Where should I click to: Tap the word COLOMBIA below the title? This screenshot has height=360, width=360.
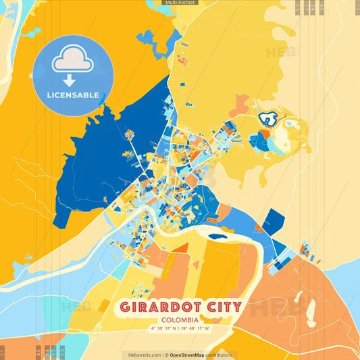(180, 319)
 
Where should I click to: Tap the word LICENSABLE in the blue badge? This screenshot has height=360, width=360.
(73, 95)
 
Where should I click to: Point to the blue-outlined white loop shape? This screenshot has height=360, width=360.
(269, 120)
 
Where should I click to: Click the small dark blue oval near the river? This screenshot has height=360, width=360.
(217, 236)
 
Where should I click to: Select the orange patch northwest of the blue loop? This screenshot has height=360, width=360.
(240, 105)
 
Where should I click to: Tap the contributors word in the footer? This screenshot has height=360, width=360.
(220, 355)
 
